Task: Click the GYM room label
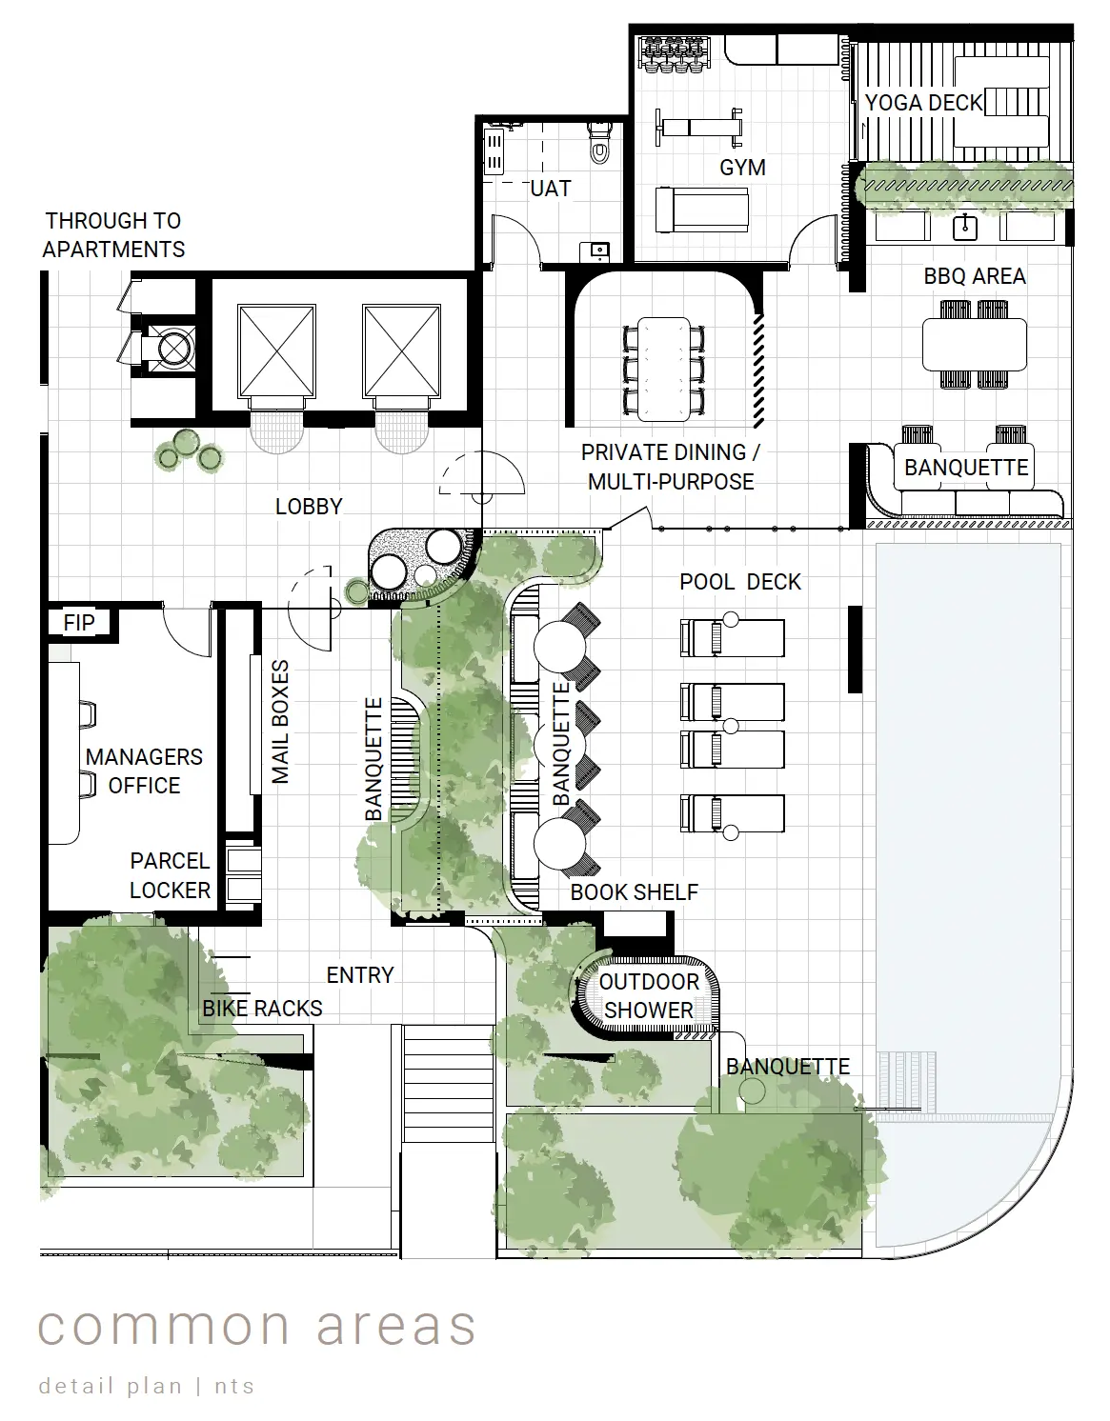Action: coord(742,168)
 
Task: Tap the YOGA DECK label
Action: coord(923,103)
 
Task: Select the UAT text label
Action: coord(550,189)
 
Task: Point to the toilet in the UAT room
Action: coord(598,144)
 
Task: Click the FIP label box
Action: coord(79,623)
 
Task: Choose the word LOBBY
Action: coord(309,506)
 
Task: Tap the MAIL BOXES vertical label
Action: coord(280,722)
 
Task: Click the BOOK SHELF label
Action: coord(634,892)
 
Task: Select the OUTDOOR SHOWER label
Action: coord(649,996)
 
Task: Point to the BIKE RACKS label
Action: coord(262,1009)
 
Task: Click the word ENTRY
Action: coord(360,975)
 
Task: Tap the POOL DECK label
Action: coord(739,582)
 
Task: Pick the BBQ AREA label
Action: coord(975,276)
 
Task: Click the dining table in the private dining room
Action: coord(664,369)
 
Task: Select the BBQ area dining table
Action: coord(975,344)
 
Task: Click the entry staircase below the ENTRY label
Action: coord(449,1082)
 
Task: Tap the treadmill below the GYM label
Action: coord(702,210)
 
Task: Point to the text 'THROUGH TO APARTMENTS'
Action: coord(113,234)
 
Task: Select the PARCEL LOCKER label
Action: coord(170,875)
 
